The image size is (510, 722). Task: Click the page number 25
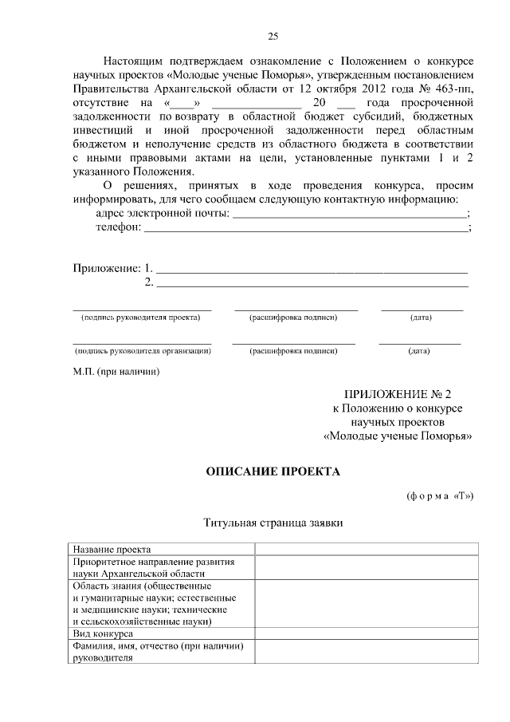pyautogui.click(x=273, y=36)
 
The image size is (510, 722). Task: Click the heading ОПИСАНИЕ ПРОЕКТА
pyautogui.click(x=273, y=471)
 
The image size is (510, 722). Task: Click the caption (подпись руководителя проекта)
pyautogui.click(x=141, y=318)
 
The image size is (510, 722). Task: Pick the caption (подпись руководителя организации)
pyautogui.click(x=142, y=350)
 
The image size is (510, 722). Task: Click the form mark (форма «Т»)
pyautogui.click(x=440, y=495)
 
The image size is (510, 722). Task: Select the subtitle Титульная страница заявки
pyautogui.click(x=273, y=523)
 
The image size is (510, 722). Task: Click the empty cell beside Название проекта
pyautogui.click(x=367, y=549)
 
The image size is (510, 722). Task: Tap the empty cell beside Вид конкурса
pyautogui.click(x=367, y=633)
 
